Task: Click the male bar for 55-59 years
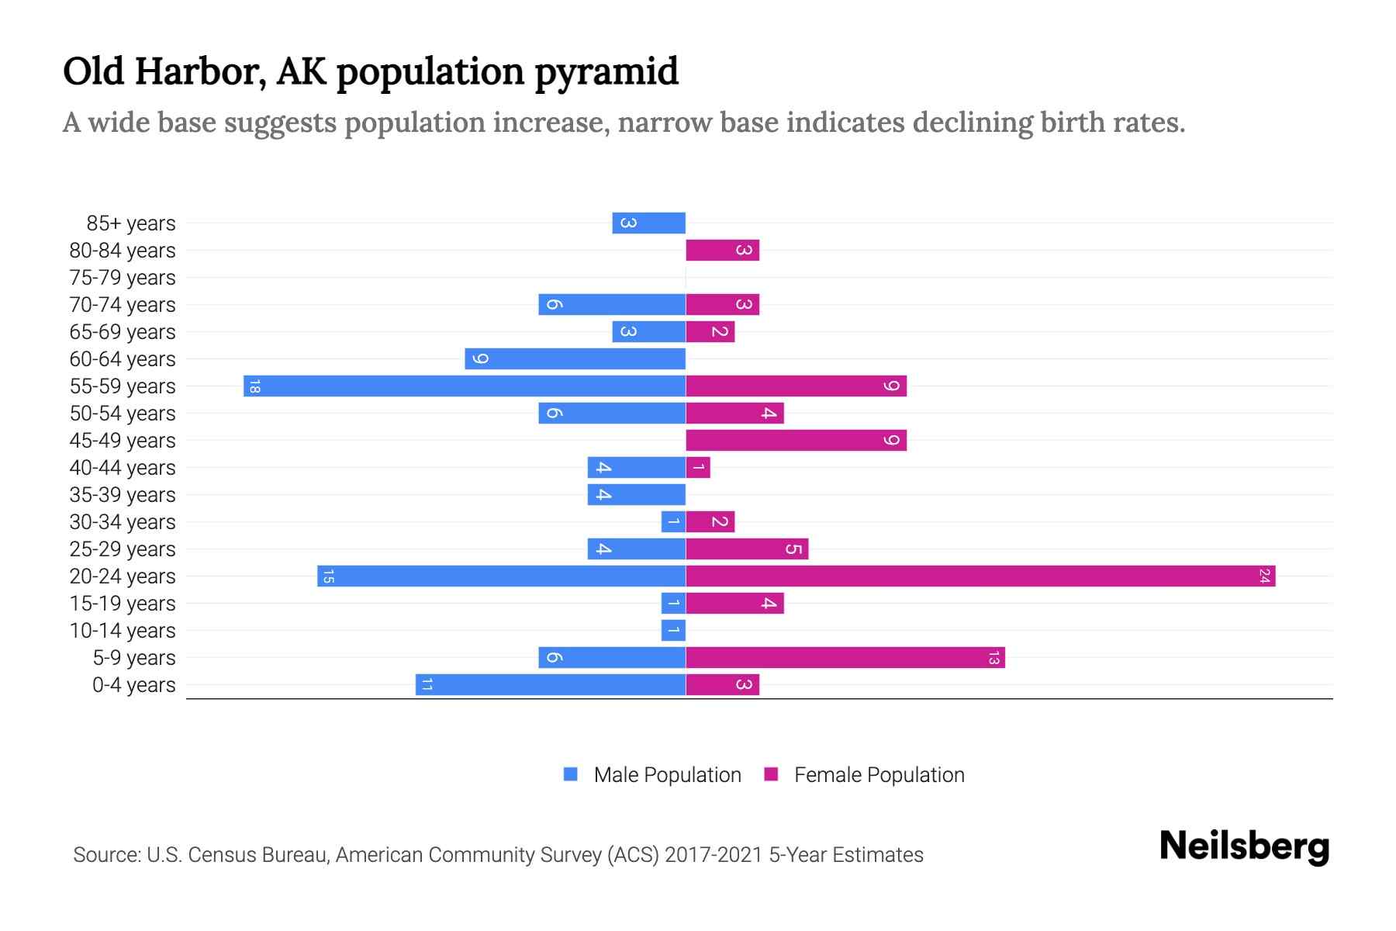coord(465,386)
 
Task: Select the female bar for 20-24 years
coord(980,576)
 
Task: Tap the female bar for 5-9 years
coord(845,657)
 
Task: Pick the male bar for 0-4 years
coord(551,684)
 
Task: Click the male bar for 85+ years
coord(648,223)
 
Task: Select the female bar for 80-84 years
coord(722,250)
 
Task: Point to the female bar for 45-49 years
coord(796,440)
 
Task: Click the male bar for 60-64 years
coord(575,358)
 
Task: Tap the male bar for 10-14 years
coord(673,630)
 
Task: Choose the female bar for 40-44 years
coord(698,467)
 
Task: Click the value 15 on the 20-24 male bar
coord(328,576)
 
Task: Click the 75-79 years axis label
coord(123,278)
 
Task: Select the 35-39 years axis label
coord(123,495)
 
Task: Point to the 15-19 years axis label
coord(123,604)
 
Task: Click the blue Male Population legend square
coord(571,774)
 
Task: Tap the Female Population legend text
coord(879,775)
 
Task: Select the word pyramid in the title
coord(606,72)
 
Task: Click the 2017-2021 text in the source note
coord(714,855)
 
